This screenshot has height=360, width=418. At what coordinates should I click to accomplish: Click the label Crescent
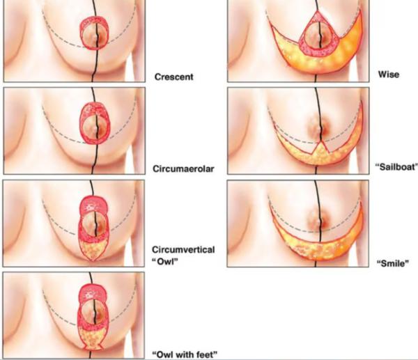coord(173,77)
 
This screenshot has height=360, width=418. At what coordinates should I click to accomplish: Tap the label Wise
coord(389,75)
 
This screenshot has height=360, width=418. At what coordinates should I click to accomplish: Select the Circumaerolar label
coord(183,169)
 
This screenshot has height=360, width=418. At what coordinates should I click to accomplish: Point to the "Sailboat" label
coord(396,167)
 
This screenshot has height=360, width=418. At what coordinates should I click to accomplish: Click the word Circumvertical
coord(183,250)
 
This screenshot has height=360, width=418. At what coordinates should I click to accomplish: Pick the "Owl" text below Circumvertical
coord(164,262)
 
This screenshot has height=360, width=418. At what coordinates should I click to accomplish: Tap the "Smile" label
coord(393,263)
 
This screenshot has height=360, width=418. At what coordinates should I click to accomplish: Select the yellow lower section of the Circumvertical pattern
coord(93,250)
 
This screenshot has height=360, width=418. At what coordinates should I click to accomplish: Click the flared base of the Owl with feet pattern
coord(93,346)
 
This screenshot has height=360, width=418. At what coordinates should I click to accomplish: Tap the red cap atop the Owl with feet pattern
coord(93,293)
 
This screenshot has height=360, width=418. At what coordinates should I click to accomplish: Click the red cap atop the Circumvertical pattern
coord(93,205)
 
